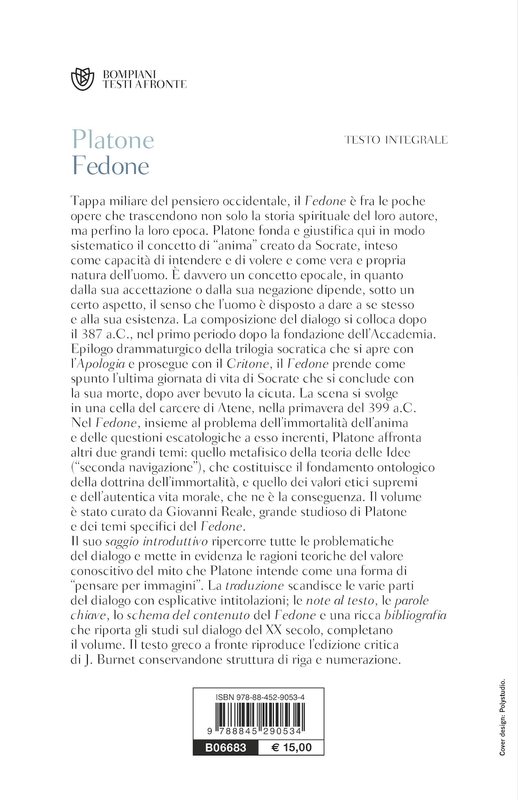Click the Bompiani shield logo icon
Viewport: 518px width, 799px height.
[x=82, y=79]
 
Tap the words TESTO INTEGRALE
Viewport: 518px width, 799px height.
[x=396, y=140]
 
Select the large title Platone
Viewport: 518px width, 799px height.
[x=113, y=140]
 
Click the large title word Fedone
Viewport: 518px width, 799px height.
[x=111, y=166]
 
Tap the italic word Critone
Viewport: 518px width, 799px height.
[x=248, y=364]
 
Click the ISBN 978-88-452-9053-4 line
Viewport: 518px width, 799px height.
[x=260, y=697]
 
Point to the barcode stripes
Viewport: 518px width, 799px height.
[x=258, y=716]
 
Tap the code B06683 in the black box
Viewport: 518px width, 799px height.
[x=226, y=748]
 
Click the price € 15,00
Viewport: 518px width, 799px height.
[x=291, y=748]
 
